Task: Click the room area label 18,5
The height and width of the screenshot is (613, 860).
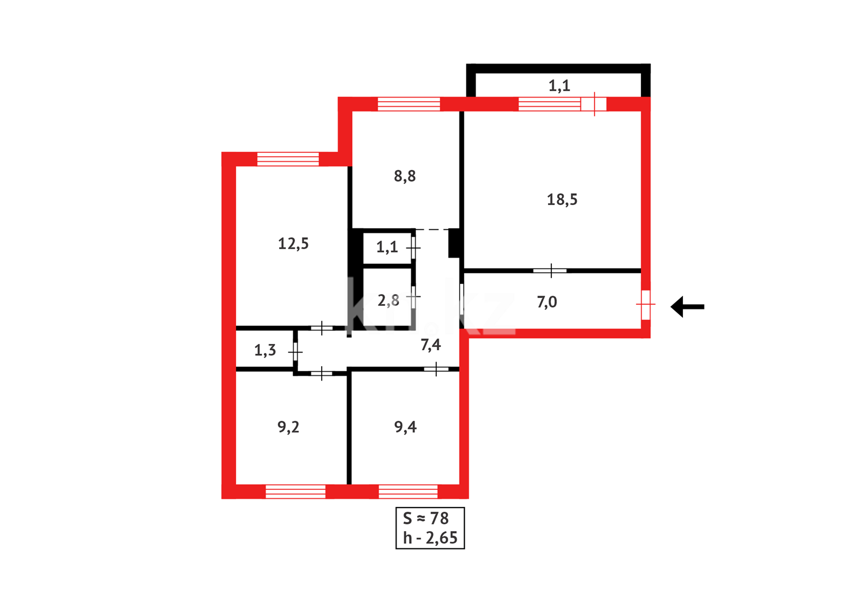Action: point(562,200)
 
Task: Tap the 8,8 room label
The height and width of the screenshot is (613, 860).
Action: point(404,177)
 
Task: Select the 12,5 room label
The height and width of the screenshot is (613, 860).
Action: point(293,244)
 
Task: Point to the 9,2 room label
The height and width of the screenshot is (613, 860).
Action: point(288,427)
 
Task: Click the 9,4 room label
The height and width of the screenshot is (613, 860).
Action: point(405,427)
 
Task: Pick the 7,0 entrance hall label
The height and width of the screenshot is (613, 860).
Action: point(547,302)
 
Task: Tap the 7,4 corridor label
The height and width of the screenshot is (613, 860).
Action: point(431,345)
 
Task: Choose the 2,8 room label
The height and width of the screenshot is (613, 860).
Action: point(389,300)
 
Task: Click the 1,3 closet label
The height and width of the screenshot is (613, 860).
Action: point(265,350)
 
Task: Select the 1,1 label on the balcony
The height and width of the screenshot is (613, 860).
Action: point(559,86)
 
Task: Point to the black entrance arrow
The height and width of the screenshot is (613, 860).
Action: point(688,306)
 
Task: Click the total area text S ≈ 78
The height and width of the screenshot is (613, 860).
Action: point(425,518)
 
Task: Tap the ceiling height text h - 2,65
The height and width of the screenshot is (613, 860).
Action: point(430,538)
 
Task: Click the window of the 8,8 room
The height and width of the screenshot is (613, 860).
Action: point(408,104)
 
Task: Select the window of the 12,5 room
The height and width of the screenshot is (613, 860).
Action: point(288,159)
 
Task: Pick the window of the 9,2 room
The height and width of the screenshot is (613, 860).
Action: point(296,492)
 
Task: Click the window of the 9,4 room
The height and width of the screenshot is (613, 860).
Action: point(408,492)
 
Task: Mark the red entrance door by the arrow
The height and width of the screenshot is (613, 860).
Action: point(646,305)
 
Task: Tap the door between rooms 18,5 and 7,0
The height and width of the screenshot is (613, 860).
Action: point(550,271)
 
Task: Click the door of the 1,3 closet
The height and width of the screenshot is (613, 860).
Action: point(296,352)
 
